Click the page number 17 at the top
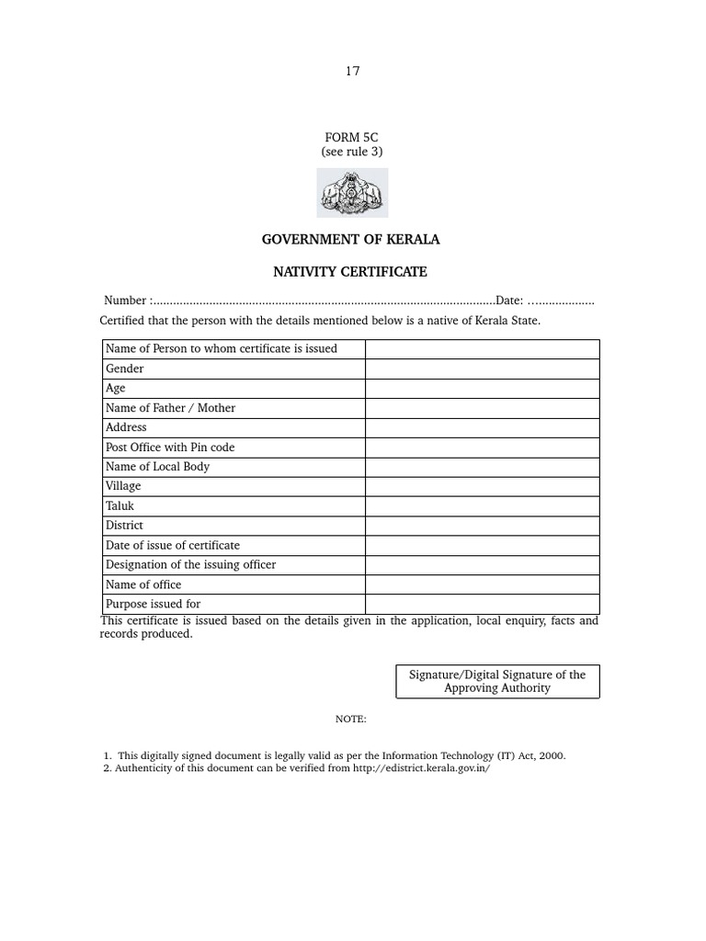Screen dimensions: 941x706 click(353, 72)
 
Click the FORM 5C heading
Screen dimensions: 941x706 click(351, 137)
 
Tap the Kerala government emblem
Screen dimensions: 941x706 click(352, 193)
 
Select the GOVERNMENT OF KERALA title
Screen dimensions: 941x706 click(351, 239)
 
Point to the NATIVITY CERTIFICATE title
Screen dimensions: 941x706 click(350, 272)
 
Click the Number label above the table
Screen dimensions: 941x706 click(125, 300)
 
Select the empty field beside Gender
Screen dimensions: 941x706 click(482, 368)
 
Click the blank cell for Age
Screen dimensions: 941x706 click(482, 388)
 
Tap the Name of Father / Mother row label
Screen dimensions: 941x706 click(171, 408)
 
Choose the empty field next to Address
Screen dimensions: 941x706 click(482, 427)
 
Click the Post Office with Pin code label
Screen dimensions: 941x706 click(170, 447)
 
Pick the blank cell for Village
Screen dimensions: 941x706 click(482, 486)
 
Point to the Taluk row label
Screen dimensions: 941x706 click(120, 505)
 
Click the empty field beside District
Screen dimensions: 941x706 click(482, 526)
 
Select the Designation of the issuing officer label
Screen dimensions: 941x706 click(191, 564)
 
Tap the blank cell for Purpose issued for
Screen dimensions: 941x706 click(482, 604)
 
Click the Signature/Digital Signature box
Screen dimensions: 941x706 click(497, 681)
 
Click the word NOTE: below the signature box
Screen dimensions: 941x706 click(351, 719)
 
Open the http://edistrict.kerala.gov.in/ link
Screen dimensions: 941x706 click(422, 769)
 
